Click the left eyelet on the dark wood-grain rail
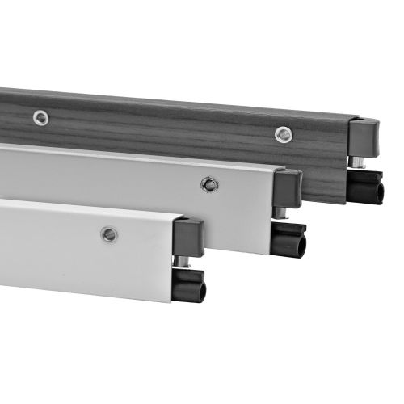click(40, 118)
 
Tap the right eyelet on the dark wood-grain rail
click(282, 134)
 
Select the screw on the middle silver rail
click(208, 185)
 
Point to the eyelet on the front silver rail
click(108, 234)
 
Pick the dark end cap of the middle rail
click(288, 188)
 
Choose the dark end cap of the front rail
click(187, 237)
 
